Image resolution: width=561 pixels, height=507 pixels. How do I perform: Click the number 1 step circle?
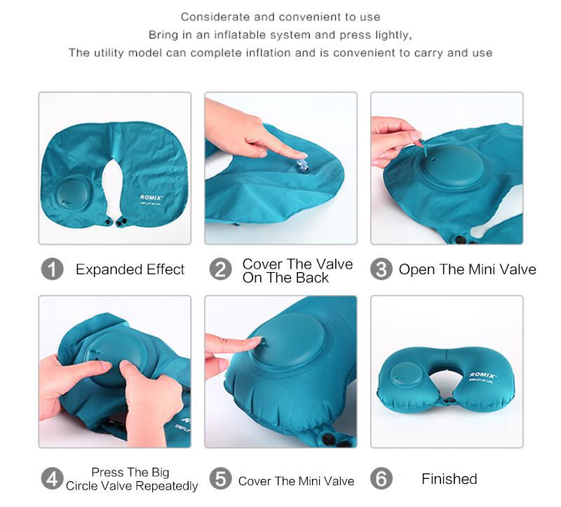(52, 269)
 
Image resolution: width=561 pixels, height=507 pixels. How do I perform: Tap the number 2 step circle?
(220, 269)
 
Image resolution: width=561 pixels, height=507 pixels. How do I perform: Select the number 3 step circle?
(381, 269)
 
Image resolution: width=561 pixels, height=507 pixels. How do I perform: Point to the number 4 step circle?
(52, 479)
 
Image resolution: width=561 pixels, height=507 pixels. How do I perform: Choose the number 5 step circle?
(220, 479)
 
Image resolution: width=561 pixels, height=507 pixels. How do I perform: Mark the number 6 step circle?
(381, 479)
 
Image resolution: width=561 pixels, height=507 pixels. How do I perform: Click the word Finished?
(450, 479)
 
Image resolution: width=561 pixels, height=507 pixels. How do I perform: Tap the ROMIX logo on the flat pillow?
(151, 198)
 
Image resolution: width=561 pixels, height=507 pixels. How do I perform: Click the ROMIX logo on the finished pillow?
(482, 375)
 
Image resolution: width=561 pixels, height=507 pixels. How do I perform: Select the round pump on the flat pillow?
(73, 194)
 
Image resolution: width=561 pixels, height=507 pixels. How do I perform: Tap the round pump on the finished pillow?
(407, 374)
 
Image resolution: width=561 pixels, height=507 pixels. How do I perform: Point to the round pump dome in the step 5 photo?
(286, 340)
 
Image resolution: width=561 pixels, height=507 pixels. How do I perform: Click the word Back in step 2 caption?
(314, 278)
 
